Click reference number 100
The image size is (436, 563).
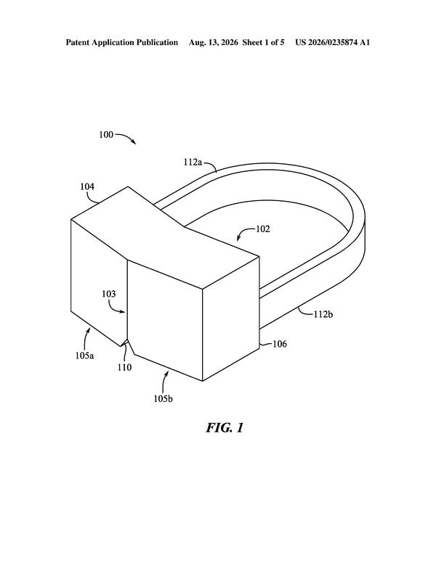(106, 135)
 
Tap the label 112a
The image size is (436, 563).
(193, 162)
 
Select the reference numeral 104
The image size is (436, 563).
(87, 186)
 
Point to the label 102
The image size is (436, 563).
(262, 229)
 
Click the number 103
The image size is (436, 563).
(109, 294)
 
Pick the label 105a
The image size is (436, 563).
(84, 356)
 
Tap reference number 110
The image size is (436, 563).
(124, 367)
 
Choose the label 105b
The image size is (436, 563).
(163, 398)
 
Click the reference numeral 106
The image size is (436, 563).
(280, 344)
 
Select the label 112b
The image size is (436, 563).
(323, 314)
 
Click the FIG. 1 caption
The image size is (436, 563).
(225, 427)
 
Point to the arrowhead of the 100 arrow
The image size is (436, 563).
(134, 142)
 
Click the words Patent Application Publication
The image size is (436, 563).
(121, 42)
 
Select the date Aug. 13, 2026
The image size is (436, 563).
(214, 42)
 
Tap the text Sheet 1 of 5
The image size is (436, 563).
(263, 42)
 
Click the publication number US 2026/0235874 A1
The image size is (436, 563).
(332, 42)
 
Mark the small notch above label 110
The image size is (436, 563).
(126, 341)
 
